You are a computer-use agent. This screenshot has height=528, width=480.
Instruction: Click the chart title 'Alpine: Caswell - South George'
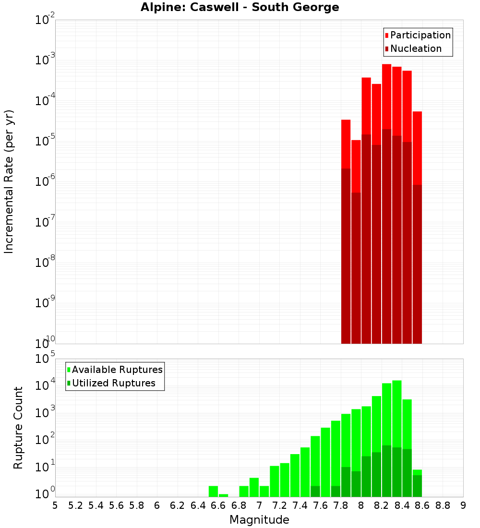pyautogui.click(x=240, y=7)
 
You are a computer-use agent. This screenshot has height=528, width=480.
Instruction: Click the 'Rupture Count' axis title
pyautogui.click(x=18, y=428)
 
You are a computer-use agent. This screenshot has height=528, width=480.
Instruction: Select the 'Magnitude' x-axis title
pyautogui.click(x=259, y=520)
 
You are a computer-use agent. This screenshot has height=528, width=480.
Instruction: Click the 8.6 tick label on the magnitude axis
pyautogui.click(x=422, y=505)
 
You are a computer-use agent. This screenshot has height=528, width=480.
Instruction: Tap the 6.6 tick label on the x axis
pyautogui.click(x=218, y=505)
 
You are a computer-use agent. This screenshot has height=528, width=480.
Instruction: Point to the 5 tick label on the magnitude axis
pyautogui.click(x=55, y=505)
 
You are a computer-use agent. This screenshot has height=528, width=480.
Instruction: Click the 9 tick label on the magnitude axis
pyautogui.click(x=463, y=505)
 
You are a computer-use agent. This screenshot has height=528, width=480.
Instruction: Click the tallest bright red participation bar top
pyautogui.click(x=386, y=65)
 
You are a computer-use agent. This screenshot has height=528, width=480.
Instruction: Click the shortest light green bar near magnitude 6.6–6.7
pyautogui.click(x=223, y=495)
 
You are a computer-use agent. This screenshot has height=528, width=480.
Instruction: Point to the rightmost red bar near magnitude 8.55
pyautogui.click(x=417, y=144)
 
